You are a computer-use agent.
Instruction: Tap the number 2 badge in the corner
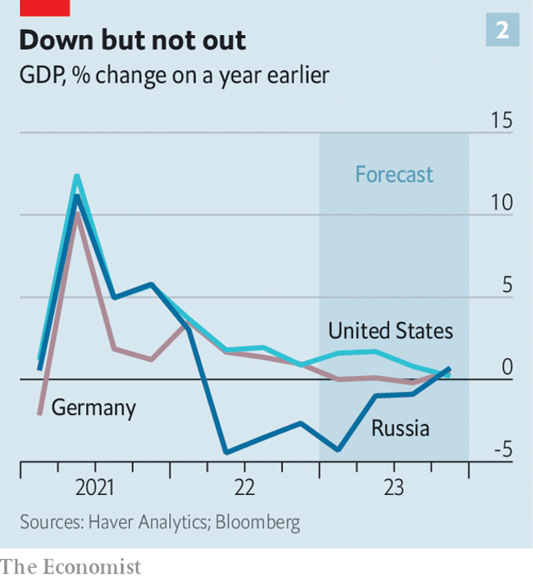coord(502,32)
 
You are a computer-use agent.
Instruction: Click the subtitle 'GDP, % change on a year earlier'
coord(175,76)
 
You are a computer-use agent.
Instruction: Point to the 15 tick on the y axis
coord(502,121)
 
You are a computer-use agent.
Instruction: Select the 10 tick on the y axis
coord(502,202)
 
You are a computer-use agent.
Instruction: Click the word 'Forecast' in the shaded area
coord(394,174)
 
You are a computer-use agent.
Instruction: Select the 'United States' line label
coord(391,331)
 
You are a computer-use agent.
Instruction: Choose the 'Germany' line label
coord(93,408)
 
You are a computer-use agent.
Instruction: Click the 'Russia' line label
coord(401,428)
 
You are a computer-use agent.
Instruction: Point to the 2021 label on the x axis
coord(94,487)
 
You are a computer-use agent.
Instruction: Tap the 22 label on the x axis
coord(244,487)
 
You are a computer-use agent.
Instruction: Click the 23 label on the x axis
coord(393,487)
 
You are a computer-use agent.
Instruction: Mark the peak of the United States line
coord(77,176)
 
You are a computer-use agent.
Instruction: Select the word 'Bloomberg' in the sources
coord(258,522)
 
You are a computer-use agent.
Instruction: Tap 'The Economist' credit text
coord(72,567)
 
